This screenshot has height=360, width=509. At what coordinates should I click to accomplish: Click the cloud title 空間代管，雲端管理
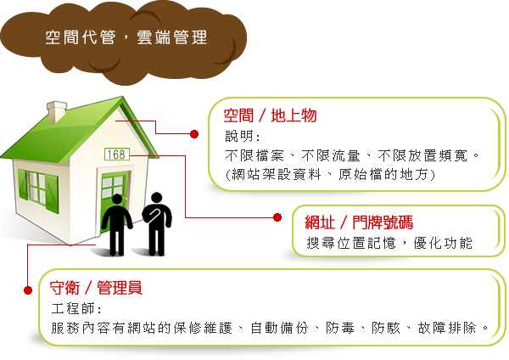tap(126, 37)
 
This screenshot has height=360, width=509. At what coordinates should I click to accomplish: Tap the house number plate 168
tap(117, 154)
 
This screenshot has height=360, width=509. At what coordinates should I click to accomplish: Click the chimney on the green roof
tap(57, 112)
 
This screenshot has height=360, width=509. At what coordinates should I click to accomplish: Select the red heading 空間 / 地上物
tap(270, 115)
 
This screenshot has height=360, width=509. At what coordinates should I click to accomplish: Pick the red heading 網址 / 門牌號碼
tap(359, 222)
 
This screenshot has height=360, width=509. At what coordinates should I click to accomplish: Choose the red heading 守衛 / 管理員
tap(96, 288)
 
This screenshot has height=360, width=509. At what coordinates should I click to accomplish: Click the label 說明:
tap(243, 136)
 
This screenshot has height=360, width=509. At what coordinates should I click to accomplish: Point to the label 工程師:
tap(76, 308)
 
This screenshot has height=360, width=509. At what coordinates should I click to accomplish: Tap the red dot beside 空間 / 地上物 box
tap(194, 134)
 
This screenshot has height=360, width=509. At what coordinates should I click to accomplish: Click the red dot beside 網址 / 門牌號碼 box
tap(277, 217)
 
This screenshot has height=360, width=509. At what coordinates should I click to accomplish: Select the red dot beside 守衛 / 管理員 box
tap(28, 290)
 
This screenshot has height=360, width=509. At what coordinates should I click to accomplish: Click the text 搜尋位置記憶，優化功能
tap(389, 243)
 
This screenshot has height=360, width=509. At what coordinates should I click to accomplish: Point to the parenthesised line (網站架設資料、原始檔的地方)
tap(330, 174)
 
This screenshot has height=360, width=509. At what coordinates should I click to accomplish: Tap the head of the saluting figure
tap(157, 198)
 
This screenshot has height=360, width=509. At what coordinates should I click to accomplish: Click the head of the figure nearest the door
tap(117, 200)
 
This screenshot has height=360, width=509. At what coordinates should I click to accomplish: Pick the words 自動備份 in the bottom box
tap(279, 328)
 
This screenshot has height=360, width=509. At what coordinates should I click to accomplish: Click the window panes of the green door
tap(113, 187)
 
